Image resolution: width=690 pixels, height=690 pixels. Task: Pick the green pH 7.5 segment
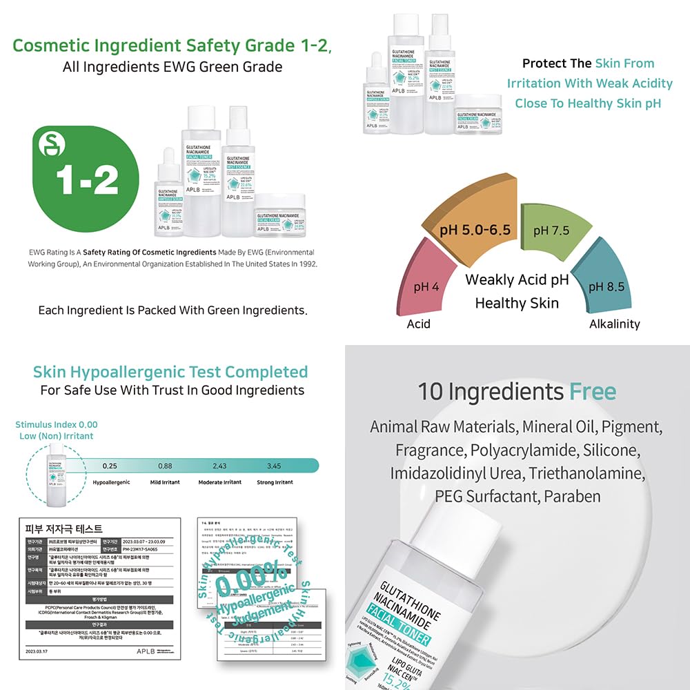click(551, 230)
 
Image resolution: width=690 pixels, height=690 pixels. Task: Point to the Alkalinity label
click(614, 324)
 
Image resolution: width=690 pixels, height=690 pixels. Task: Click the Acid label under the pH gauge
click(419, 324)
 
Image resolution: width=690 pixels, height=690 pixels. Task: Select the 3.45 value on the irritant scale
click(274, 466)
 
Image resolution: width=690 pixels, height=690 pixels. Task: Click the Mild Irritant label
click(166, 482)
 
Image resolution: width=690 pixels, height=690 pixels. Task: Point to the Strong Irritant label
click(275, 482)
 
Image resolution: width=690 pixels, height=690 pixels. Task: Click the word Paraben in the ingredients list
click(572, 496)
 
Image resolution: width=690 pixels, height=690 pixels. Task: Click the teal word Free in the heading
click(592, 392)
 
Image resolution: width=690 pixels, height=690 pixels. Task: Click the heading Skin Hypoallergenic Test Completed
click(170, 372)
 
